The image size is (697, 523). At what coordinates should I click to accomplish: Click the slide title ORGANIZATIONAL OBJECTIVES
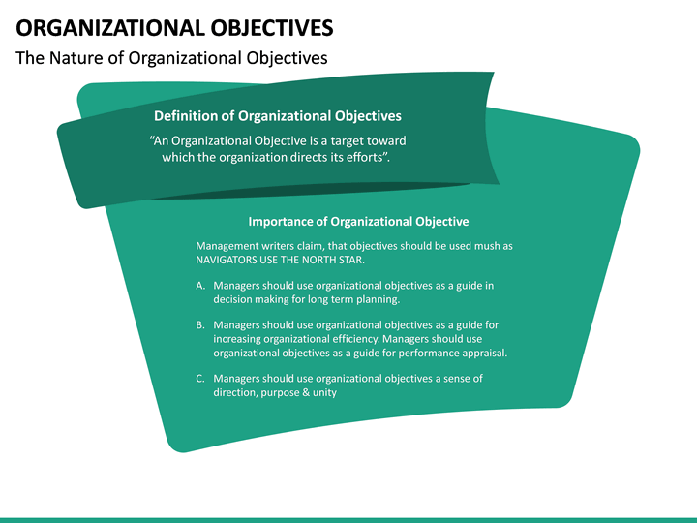tap(175, 26)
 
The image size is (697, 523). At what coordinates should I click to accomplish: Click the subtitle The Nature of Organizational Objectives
tap(171, 58)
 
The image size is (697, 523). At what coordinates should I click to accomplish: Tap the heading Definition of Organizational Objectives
tap(278, 116)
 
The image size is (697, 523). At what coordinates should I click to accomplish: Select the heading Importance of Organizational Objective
tap(358, 222)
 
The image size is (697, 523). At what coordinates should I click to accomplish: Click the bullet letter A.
tap(200, 286)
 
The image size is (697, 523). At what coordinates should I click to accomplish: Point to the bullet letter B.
tap(200, 325)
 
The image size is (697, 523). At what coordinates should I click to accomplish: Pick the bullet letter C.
tap(200, 379)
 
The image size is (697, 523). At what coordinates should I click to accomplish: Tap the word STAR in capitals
tap(350, 261)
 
